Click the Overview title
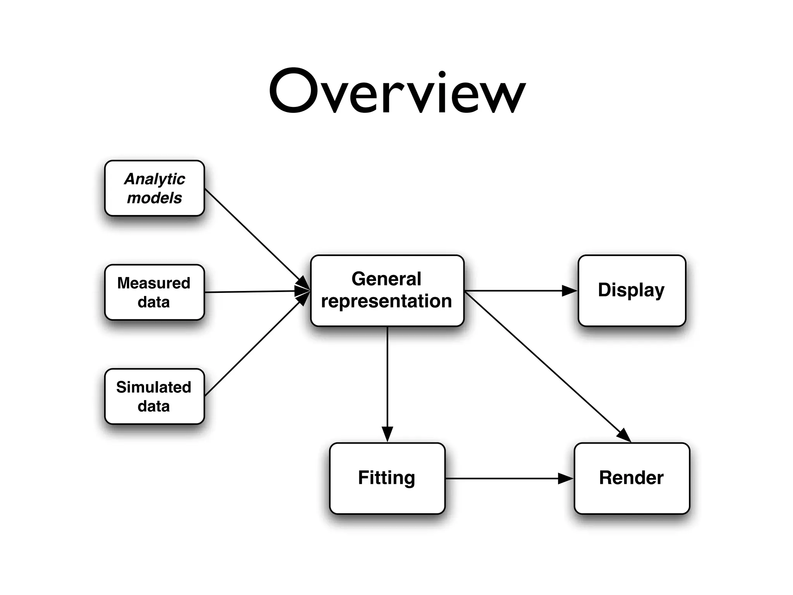point(397,92)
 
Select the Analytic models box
point(154,188)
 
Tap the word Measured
point(154,283)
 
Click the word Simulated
point(154,387)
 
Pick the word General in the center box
point(386,279)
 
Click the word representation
point(386,301)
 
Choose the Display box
point(632,291)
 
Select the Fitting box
point(387,478)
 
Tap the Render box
point(632,478)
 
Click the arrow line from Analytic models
point(252,234)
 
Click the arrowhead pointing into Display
point(569,291)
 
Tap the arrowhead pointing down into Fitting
point(387,434)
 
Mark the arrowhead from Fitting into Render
point(565,478)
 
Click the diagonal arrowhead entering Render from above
point(624,435)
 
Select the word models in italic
point(154,198)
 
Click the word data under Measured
point(154,302)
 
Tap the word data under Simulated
point(154,406)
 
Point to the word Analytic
point(154,179)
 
